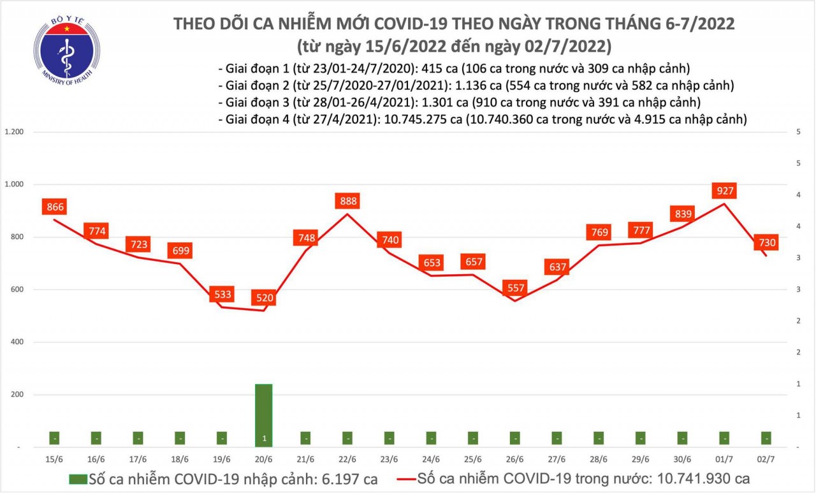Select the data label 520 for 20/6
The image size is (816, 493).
264,297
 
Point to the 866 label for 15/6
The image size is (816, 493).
55,207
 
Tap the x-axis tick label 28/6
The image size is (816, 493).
599,459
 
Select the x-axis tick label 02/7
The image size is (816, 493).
766,459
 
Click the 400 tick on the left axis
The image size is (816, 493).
18,342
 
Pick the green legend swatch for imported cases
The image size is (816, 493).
78,478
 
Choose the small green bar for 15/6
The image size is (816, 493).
55,439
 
